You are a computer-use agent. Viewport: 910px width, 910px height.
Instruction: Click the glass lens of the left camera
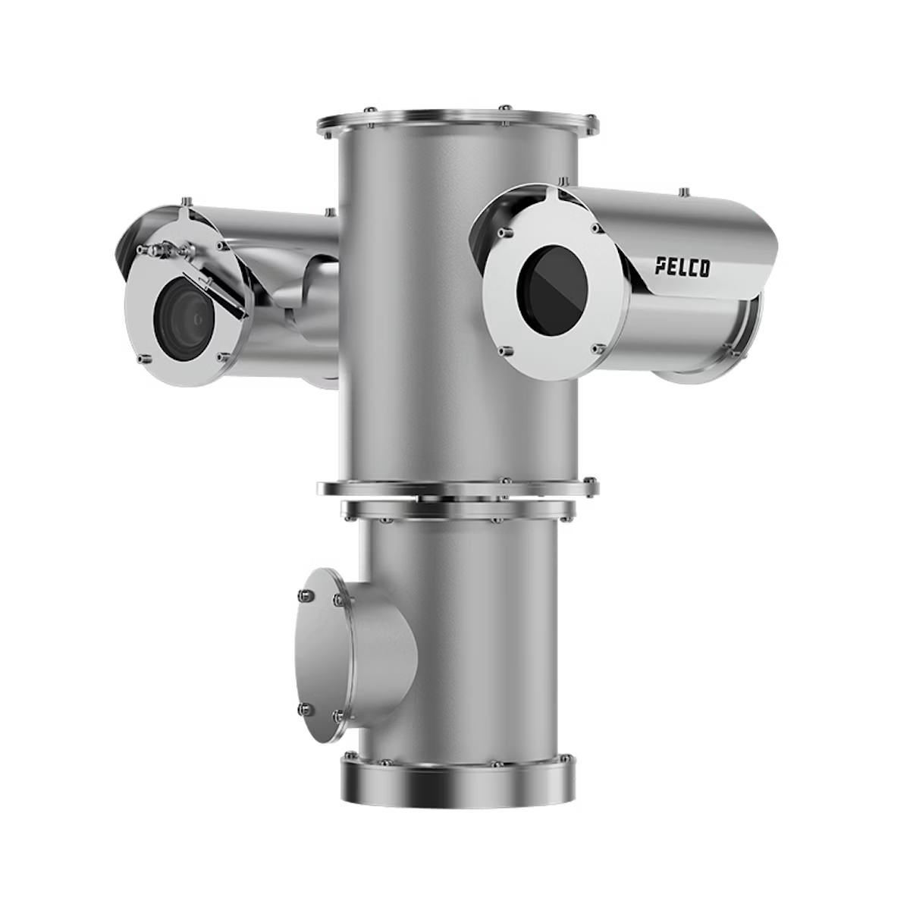184,319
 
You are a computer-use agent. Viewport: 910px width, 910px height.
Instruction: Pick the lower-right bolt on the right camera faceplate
598,349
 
